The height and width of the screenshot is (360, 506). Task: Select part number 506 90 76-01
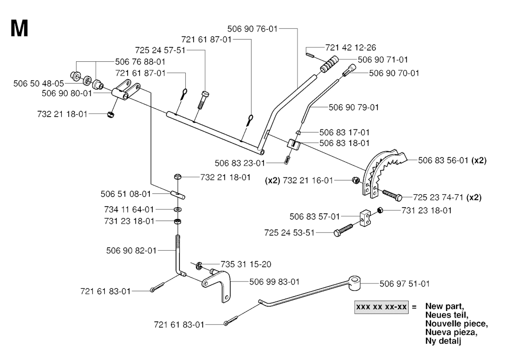click(x=253, y=29)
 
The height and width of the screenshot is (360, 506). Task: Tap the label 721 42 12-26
click(x=351, y=47)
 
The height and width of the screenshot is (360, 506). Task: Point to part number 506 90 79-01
click(x=354, y=107)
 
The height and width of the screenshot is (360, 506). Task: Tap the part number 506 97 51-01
click(x=405, y=283)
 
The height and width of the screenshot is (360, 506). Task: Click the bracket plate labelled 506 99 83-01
click(x=218, y=285)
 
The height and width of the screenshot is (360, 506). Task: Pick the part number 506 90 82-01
click(x=131, y=251)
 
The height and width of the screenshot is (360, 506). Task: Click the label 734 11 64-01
click(x=129, y=209)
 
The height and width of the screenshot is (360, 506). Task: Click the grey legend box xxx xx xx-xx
click(x=380, y=307)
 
